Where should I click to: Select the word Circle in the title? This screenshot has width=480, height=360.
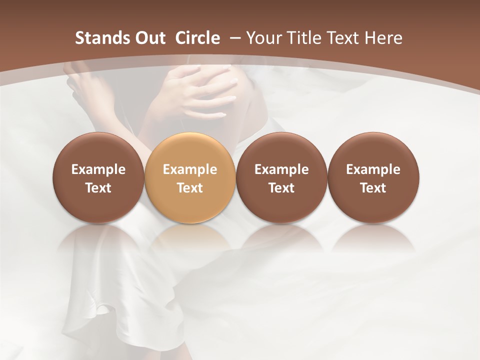pos(197,38)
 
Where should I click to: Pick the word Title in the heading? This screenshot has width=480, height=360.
pos(305,38)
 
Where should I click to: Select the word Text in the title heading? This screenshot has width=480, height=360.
pos(344,38)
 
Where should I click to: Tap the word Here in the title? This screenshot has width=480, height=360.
pos(383,38)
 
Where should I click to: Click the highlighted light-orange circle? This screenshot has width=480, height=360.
pos(190,177)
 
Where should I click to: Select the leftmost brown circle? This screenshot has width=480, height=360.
pos(98,177)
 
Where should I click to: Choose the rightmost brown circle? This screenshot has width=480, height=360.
pos(373,177)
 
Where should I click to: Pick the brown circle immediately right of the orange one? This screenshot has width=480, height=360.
pos(281,177)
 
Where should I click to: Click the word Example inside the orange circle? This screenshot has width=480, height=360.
pos(190,169)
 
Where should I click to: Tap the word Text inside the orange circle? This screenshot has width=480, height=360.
pos(190,188)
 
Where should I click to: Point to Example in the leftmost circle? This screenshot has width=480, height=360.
pos(98,169)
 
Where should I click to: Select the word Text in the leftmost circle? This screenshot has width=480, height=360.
pos(98,188)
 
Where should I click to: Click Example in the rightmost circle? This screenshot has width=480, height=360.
pos(373,169)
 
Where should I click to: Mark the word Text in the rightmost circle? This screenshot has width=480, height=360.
pos(373,188)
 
